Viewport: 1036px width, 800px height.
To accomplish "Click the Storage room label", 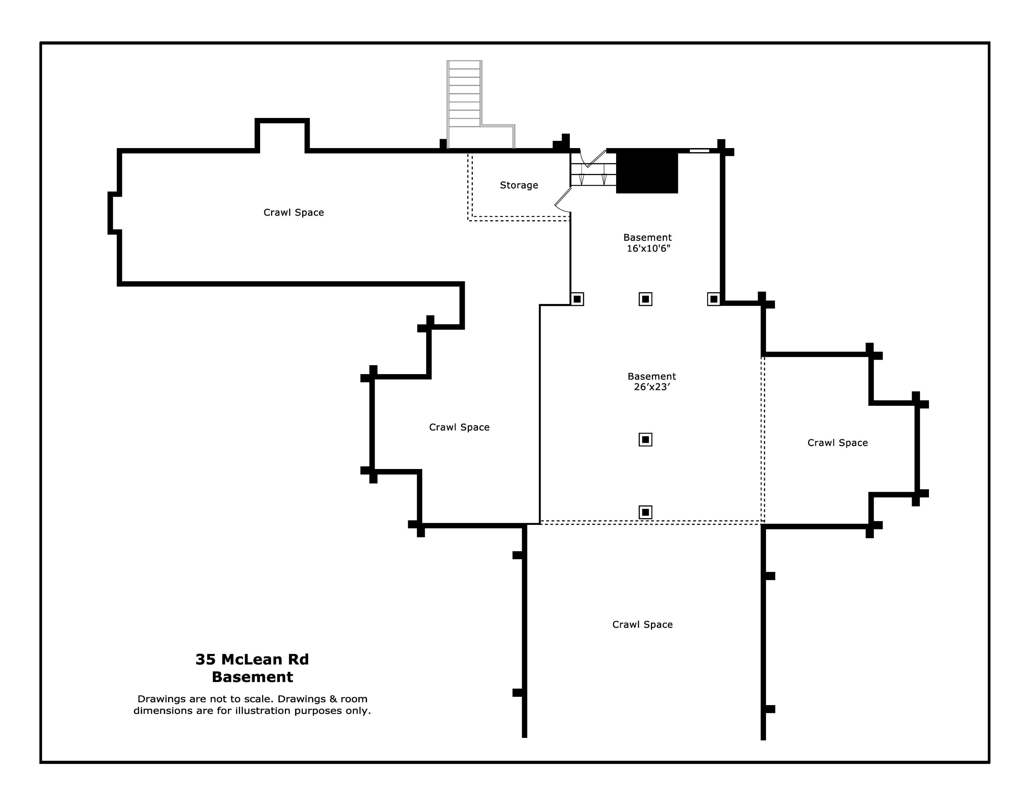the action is click(x=519, y=185).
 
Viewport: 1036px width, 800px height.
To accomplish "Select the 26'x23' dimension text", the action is click(x=652, y=387).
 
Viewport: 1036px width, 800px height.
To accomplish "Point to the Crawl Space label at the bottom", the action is click(x=642, y=625).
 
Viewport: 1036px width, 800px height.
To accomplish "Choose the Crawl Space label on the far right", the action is click(x=838, y=443).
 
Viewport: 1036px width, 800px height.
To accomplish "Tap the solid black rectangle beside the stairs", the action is click(x=647, y=172).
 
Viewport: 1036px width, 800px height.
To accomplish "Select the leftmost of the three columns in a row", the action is click(x=577, y=299).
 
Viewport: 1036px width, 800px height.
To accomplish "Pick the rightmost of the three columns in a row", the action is click(x=714, y=299).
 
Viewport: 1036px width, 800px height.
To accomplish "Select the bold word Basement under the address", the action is click(x=252, y=677).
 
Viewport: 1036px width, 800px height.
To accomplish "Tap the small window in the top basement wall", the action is click(x=699, y=151).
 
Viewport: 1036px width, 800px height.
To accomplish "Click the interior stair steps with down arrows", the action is click(x=593, y=174).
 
